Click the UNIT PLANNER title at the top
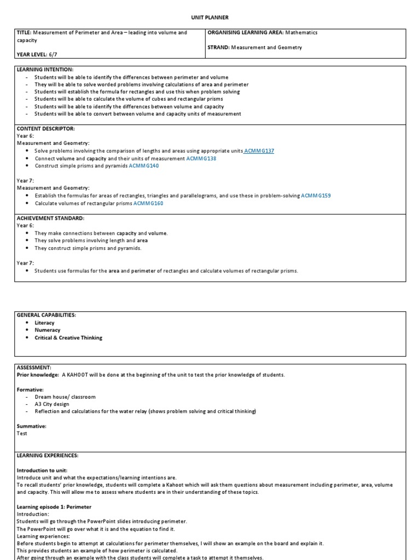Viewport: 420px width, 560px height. (209, 17)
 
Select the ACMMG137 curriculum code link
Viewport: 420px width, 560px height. (259, 150)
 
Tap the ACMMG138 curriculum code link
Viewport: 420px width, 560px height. (201, 158)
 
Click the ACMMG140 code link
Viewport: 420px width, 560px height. (144, 166)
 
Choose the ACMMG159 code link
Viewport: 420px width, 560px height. (316, 195)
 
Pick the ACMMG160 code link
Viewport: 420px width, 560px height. (148, 203)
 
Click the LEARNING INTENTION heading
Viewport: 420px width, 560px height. (45, 69)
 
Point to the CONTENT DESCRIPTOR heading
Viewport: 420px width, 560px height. (46, 128)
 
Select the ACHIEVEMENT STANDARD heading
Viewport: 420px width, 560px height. (50, 218)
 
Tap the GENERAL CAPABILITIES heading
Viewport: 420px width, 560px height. (46, 315)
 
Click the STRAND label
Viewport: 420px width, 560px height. (218, 48)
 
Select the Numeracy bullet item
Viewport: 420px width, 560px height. (48, 330)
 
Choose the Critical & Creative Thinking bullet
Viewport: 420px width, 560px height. (68, 338)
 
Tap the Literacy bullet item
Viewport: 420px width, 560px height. (44, 323)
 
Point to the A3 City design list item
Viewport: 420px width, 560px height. (52, 404)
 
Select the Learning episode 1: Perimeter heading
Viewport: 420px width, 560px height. (54, 507)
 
